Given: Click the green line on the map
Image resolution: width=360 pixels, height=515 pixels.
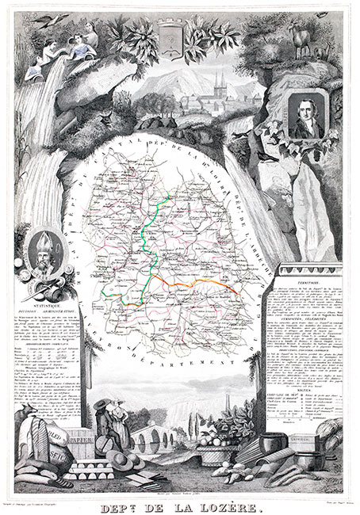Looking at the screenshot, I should coord(150,230).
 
